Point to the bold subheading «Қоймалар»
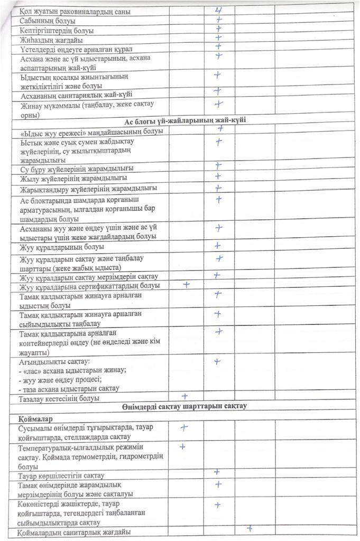point(32,418)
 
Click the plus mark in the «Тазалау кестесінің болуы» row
point(185,396)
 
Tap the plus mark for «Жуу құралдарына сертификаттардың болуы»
point(186,284)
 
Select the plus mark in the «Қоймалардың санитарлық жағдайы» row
point(249,527)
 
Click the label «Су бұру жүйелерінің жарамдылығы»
point(76,168)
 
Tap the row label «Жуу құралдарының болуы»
point(61,247)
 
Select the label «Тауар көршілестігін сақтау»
point(61,475)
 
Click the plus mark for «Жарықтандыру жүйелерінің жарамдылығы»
point(218,188)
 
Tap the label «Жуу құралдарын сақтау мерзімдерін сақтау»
point(85,277)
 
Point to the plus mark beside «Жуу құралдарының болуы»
point(217,246)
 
